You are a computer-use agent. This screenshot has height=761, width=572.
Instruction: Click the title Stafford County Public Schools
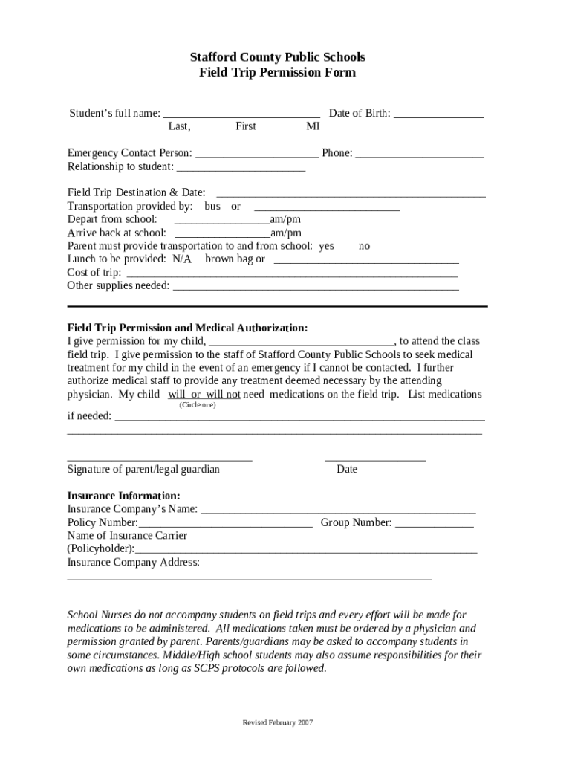(x=277, y=57)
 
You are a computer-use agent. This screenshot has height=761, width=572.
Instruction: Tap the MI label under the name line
(x=313, y=126)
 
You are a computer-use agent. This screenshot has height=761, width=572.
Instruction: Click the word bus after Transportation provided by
(x=212, y=206)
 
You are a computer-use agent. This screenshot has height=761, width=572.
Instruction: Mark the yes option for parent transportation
(x=326, y=246)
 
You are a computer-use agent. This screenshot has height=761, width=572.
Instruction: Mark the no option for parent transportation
(x=364, y=246)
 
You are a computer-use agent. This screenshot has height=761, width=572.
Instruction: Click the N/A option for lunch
(x=182, y=259)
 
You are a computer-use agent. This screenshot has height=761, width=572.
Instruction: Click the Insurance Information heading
(x=123, y=496)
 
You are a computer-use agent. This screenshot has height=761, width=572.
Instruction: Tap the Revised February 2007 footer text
(x=278, y=723)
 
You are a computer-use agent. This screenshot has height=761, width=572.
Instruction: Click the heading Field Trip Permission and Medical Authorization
(x=187, y=328)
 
